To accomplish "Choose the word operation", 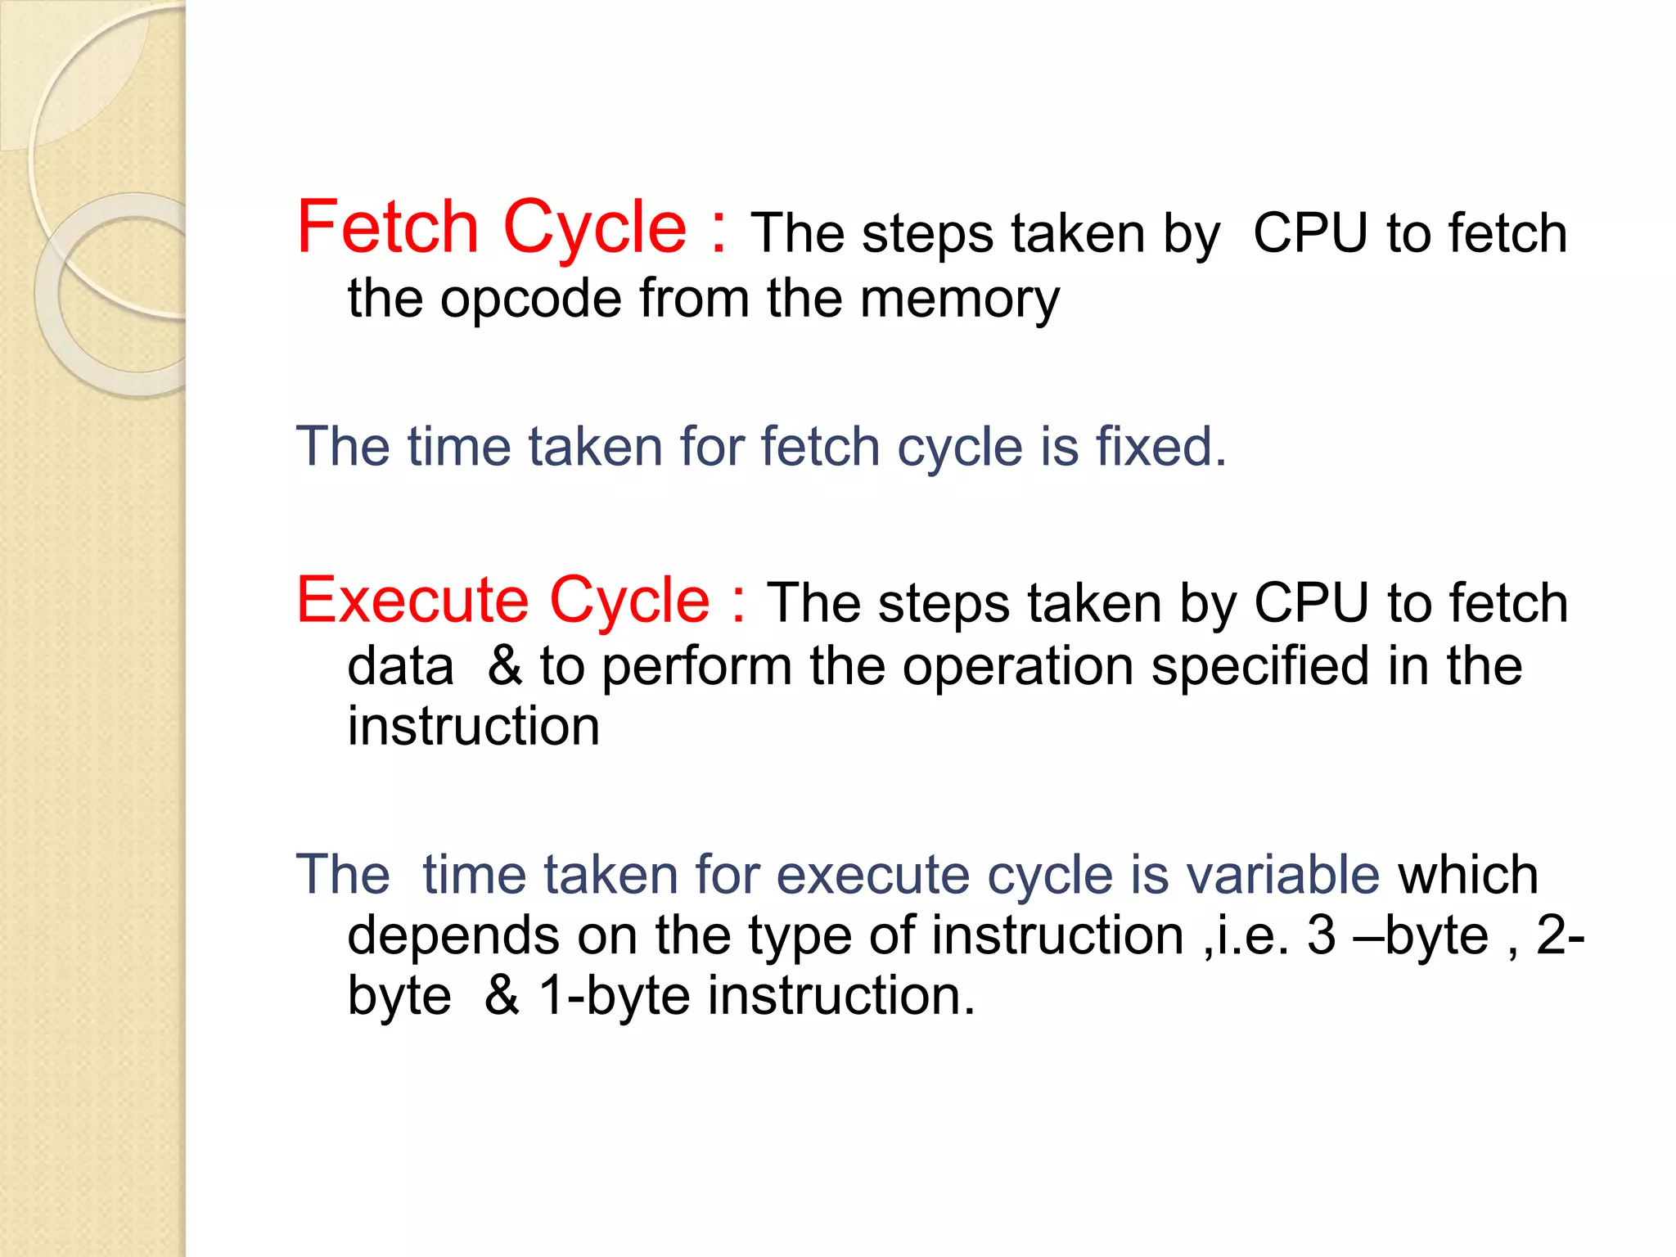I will tap(1017, 666).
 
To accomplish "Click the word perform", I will tap(696, 666).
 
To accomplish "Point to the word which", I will tap(1468, 874).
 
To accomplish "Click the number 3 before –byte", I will tap(1321, 935).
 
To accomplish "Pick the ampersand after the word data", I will tap(505, 666).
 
